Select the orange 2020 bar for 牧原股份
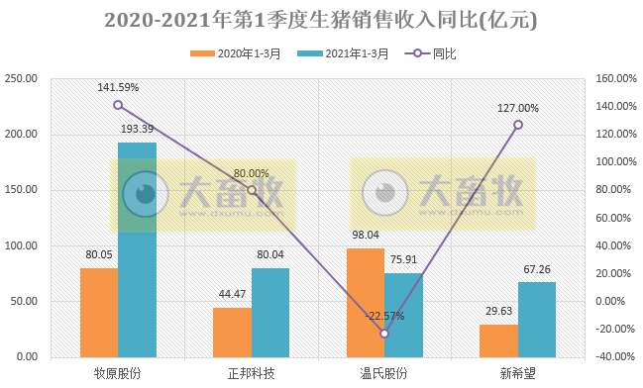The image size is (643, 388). (x=99, y=312)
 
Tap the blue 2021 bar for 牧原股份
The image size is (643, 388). (x=137, y=249)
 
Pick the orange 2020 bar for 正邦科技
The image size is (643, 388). (x=232, y=332)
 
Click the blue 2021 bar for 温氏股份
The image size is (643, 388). (x=403, y=315)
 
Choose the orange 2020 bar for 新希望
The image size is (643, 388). (x=498, y=339)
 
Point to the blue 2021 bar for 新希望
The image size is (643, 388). (x=537, y=319)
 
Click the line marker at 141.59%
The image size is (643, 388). (x=118, y=105)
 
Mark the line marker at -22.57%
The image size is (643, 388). (x=384, y=334)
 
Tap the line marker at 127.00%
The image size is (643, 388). (x=517, y=125)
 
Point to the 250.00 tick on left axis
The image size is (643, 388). (x=21, y=78)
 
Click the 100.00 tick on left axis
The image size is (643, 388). (x=21, y=245)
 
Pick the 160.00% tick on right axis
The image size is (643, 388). (x=615, y=78)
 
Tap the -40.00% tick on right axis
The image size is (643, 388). (x=615, y=356)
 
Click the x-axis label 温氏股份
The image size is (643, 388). (x=384, y=373)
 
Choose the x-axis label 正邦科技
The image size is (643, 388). (x=251, y=373)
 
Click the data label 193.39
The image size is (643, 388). (x=137, y=130)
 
